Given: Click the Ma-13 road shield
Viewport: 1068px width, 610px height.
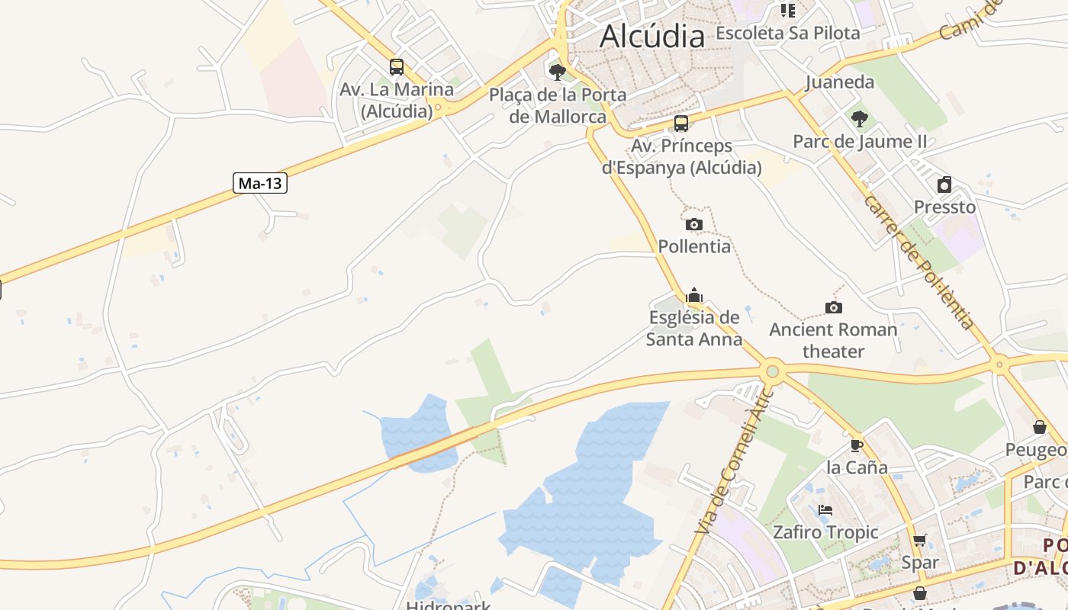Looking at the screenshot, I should pos(260,183).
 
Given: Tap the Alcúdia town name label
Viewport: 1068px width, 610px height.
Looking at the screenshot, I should pos(652,36).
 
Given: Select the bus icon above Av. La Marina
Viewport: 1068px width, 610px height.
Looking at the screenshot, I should pos(396,67).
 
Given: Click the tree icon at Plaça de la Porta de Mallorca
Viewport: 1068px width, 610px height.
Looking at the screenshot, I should pos(558,72).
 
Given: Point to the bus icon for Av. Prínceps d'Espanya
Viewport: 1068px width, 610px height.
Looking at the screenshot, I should pos(681,124).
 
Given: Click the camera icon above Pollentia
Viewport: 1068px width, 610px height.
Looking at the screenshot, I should pos(693,224).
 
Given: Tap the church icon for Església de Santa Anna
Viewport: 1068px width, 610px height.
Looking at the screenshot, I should pos(694,295).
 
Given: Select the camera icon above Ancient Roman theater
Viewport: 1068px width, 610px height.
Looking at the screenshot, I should pos(834,307).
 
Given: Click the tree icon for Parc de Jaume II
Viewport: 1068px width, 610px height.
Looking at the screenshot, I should pos(860,119).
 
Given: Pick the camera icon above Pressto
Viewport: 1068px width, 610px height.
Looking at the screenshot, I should pos(944,185).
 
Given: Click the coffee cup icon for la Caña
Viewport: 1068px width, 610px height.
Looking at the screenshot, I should pos(857,445).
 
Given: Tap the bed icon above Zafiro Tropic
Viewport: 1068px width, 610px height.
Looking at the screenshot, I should pos(825,510).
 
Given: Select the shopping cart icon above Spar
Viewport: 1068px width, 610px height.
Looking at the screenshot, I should pos(919,541).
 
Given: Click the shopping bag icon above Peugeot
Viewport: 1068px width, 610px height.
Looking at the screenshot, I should pos(1039,427).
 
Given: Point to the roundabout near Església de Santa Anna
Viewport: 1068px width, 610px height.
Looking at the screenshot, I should pos(773,371).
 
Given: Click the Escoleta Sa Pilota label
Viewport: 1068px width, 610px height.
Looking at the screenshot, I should pos(788,33).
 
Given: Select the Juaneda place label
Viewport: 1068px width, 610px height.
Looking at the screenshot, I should pos(839,82).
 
